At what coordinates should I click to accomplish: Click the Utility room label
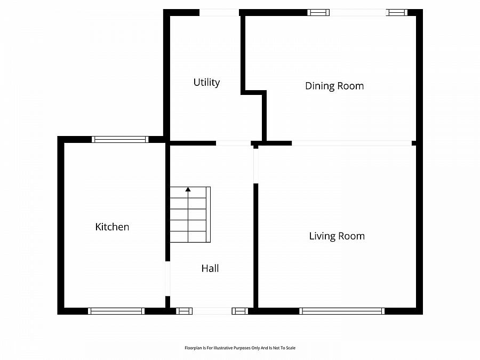coord(206,82)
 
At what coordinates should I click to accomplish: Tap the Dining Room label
coord(334,86)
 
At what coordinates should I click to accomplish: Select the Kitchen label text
coord(112,227)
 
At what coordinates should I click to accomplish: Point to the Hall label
coord(210,268)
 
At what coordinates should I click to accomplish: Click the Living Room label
coord(337,236)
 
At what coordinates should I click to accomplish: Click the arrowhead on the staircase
coord(188,189)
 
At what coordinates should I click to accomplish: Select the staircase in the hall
coord(190,214)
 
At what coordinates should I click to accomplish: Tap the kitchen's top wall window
coord(120,140)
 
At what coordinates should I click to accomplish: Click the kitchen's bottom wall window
coord(116,311)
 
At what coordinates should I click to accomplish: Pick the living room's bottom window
coord(342,311)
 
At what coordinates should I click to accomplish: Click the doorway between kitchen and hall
coord(168,278)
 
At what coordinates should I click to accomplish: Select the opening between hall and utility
coord(233,143)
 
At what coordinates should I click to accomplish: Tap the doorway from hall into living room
coord(255,166)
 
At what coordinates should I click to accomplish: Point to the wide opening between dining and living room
coord(352,143)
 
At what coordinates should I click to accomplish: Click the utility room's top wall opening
coord(219,13)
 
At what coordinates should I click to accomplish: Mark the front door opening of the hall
coord(212,311)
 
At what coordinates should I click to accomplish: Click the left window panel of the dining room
coord(318,13)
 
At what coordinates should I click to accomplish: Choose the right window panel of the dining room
coord(397,13)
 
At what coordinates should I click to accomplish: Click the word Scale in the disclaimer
coord(290,348)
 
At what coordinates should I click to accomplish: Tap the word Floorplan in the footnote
coord(192,348)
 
